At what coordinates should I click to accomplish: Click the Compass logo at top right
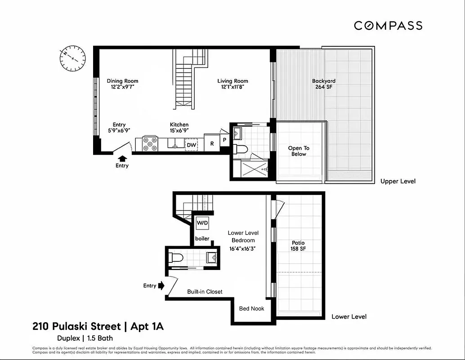point(388,26)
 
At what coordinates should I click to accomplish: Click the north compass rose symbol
point(72,58)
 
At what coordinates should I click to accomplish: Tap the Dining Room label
point(122,84)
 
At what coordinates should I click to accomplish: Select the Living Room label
point(232,84)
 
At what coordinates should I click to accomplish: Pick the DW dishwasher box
point(191,145)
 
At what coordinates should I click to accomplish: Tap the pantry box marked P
point(224,140)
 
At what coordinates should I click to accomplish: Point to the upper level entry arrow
point(122,158)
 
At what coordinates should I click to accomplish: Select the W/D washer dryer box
point(201,222)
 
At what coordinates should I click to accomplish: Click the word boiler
point(202,238)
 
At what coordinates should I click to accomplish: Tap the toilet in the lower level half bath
point(176,258)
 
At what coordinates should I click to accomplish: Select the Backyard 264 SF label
point(324,84)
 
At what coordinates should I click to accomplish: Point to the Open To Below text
point(299,151)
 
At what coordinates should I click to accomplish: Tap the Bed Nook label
point(251,308)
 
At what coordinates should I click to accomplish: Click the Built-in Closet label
point(205,292)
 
